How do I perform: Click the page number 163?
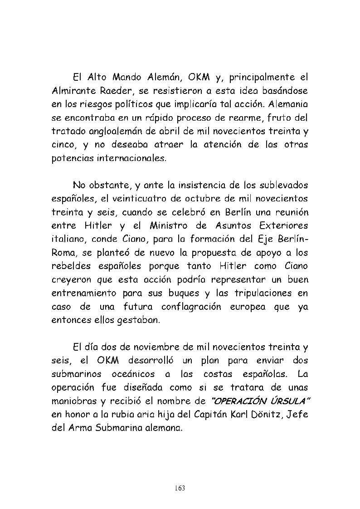coord(180,488)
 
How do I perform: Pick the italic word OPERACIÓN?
coord(237,401)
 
